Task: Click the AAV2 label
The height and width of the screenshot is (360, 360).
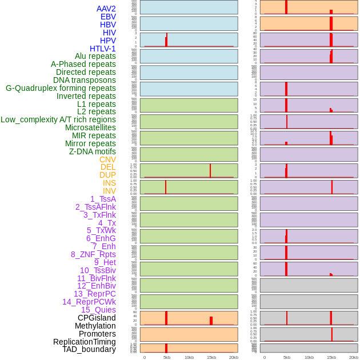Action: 106,9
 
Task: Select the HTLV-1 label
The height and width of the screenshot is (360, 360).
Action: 103,49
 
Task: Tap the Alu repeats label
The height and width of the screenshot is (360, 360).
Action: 95,56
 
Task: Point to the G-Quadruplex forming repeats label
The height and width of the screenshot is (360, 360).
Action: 61,88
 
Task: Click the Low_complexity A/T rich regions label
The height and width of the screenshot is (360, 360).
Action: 58,119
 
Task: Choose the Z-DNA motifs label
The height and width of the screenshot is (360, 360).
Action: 93,151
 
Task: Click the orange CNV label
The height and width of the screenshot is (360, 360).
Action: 107,159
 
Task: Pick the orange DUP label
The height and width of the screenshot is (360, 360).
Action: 107,175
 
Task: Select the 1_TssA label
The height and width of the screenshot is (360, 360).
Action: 103,199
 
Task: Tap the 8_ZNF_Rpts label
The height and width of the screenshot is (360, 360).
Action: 93,254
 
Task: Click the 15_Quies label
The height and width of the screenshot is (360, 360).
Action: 98,310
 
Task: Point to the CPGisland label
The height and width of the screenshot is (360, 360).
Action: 97,318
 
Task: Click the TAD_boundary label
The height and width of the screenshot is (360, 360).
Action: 89,349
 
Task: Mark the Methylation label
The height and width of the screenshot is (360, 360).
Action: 95,326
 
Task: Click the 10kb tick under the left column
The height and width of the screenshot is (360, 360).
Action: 189,357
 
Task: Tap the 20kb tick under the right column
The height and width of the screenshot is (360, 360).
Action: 354,357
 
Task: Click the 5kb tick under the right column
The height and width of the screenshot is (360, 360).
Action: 287,357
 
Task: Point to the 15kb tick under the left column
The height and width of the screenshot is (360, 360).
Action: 211,357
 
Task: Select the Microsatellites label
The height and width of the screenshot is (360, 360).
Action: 90,127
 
